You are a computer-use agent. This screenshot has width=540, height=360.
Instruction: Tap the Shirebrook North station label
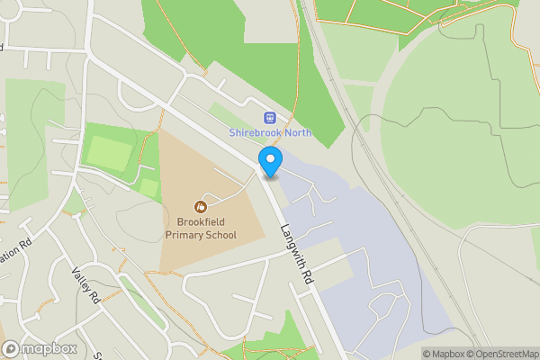[x=270, y=133]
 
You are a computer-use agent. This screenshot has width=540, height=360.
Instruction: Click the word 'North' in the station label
[x=296, y=133]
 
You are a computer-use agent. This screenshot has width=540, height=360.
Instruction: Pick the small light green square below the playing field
[x=148, y=188]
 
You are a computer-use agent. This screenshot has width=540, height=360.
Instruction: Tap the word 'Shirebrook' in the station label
[x=255, y=133]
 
